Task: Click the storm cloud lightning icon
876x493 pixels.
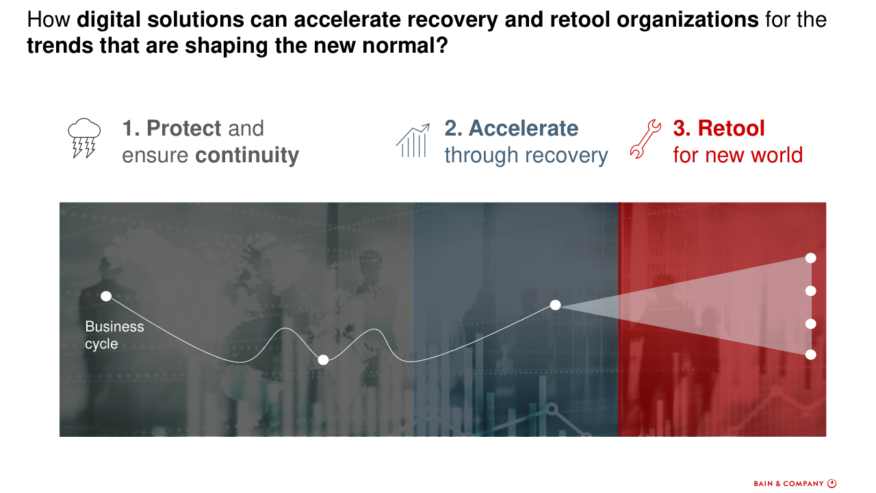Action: coord(84,138)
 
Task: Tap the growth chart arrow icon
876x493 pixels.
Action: coord(413,140)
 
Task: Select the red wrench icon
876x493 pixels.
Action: coord(645,139)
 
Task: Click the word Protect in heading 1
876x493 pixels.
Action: coord(184,128)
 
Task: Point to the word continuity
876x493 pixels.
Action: coord(247,155)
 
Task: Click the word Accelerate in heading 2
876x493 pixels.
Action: coord(524,128)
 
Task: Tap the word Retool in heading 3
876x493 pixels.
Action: coord(731,128)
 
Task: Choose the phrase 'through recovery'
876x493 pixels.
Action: coord(526,155)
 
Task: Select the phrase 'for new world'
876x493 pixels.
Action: coord(738,155)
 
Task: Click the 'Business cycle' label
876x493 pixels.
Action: coord(114,335)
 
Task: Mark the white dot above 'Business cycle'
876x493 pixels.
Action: coord(106,296)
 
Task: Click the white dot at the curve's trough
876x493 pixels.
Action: coord(323,360)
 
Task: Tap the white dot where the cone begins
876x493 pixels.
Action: coord(555,305)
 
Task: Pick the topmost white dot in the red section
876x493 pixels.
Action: coord(811,258)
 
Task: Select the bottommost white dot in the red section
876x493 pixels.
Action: coord(811,355)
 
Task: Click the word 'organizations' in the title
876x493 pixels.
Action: coord(688,20)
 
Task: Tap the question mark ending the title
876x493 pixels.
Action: coord(442,45)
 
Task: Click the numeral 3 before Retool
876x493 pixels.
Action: coord(681,128)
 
